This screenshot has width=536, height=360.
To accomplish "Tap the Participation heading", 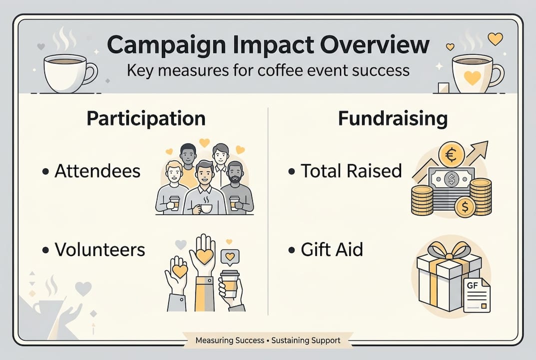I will pyautogui.click(x=146, y=118).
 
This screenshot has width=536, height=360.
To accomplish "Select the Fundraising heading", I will pyautogui.click(x=392, y=118).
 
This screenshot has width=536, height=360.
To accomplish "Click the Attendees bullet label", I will pyautogui.click(x=97, y=171).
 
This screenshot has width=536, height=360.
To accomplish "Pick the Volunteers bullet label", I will pyautogui.click(x=99, y=249).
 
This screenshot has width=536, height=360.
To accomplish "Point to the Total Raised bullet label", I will pyautogui.click(x=351, y=171).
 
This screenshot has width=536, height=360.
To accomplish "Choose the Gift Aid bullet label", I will pyautogui.click(x=332, y=249).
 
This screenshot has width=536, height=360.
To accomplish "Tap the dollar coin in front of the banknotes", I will pyautogui.click(x=465, y=206).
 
